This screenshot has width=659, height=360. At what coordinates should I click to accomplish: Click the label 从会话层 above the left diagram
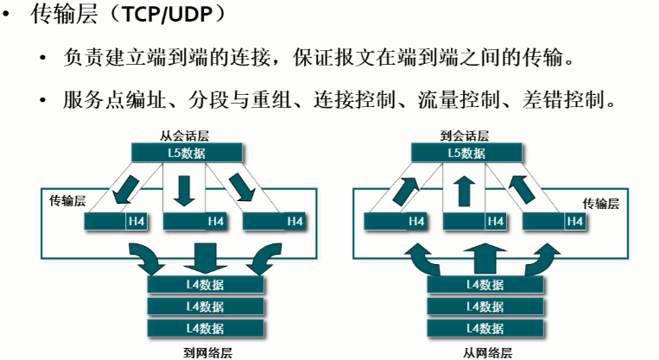coord(182,136)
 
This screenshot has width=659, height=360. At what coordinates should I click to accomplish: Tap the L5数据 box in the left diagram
coord(184,153)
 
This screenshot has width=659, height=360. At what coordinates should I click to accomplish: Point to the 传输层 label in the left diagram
coord(66,201)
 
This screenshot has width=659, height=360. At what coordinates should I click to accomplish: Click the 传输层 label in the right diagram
coord(600,203)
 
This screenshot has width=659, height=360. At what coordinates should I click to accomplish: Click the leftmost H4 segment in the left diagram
coord(136,222)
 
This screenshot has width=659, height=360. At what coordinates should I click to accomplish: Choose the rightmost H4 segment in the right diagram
coord(574,222)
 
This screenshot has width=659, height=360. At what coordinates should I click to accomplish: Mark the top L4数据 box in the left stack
coord(206,284)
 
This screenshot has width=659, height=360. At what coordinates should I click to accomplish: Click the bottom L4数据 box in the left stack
coord(206,328)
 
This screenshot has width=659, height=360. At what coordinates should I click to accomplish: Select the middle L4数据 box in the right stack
coord(485,306)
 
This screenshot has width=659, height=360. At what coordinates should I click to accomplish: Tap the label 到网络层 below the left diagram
coord(207,352)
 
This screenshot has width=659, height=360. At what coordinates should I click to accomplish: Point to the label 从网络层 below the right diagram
coord(487,352)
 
